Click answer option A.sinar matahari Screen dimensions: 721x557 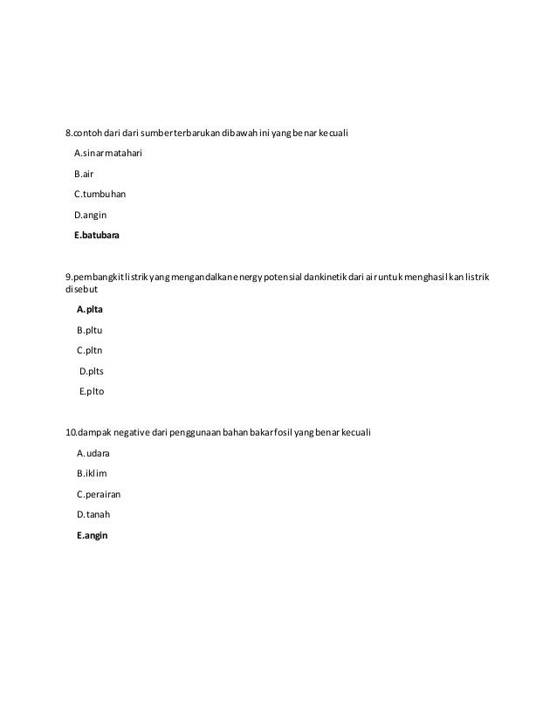(x=108, y=153)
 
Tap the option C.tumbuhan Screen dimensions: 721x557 (x=100, y=194)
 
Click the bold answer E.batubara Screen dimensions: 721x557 (x=98, y=236)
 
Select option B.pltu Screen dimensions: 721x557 (x=90, y=330)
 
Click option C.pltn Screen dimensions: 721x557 (x=90, y=350)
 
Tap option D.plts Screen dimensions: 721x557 (x=92, y=371)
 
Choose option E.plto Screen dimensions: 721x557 (x=92, y=392)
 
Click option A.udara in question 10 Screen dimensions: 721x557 (x=93, y=453)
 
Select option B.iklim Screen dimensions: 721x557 (x=92, y=473)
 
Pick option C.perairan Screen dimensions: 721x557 (x=99, y=494)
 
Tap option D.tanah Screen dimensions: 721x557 (x=93, y=515)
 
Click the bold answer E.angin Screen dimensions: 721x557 (x=93, y=536)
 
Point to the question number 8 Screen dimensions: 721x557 (x=69, y=133)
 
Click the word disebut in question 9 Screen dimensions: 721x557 (x=82, y=289)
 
